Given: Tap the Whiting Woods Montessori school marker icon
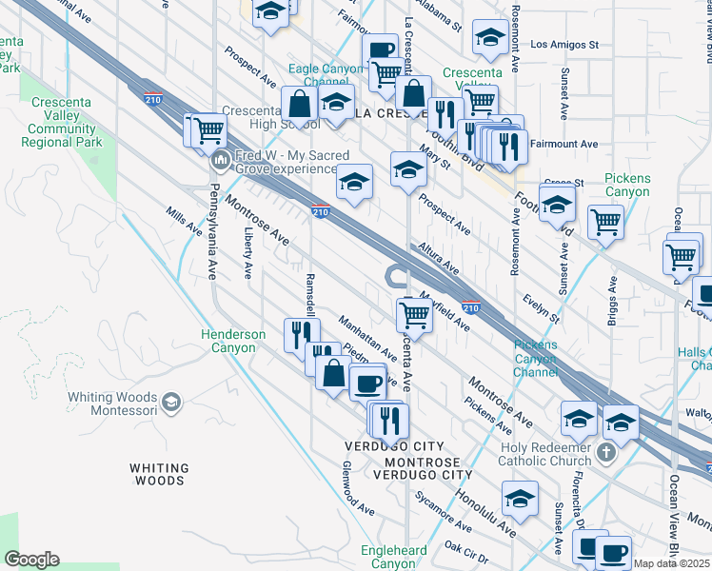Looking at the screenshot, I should point(171,402).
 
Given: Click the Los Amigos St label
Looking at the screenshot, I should point(564,44).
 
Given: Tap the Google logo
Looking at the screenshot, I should point(31,560).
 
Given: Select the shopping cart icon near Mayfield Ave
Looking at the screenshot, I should point(414,313).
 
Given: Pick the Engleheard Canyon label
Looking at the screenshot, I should point(393,557).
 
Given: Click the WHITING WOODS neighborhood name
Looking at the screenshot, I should point(159,474).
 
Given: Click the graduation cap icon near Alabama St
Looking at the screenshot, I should point(490,38).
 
